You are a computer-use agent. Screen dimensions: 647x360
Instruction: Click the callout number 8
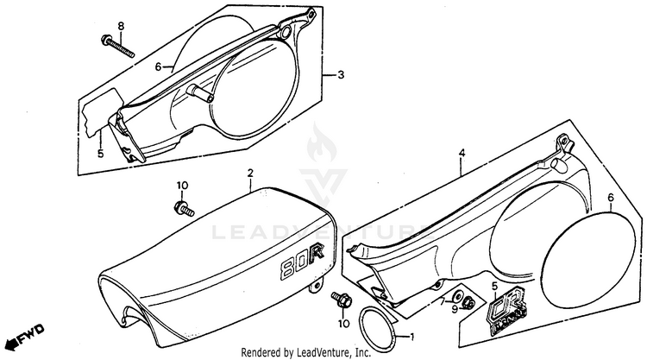121,26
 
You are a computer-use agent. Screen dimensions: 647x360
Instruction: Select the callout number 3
341,76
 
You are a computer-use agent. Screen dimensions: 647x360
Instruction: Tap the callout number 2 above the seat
250,174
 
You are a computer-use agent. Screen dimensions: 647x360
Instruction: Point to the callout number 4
462,154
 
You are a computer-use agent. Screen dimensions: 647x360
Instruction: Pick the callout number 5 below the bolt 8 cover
100,154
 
